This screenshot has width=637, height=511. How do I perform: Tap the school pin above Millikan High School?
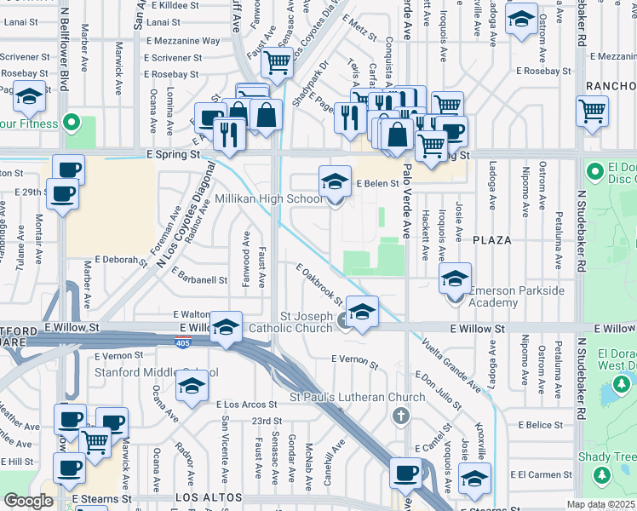tap(335, 181)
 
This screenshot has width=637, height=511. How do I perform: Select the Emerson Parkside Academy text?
tap(517, 297)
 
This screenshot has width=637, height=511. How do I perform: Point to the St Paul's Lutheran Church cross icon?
tap(401, 416)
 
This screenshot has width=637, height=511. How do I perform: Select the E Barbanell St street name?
tap(199, 275)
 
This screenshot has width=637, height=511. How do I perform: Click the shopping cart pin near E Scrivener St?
tap(277, 61)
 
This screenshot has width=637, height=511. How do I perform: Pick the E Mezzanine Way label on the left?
tap(183, 41)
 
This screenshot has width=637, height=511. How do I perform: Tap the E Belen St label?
tap(377, 183)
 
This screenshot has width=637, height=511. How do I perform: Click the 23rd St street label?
tap(267, 421)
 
